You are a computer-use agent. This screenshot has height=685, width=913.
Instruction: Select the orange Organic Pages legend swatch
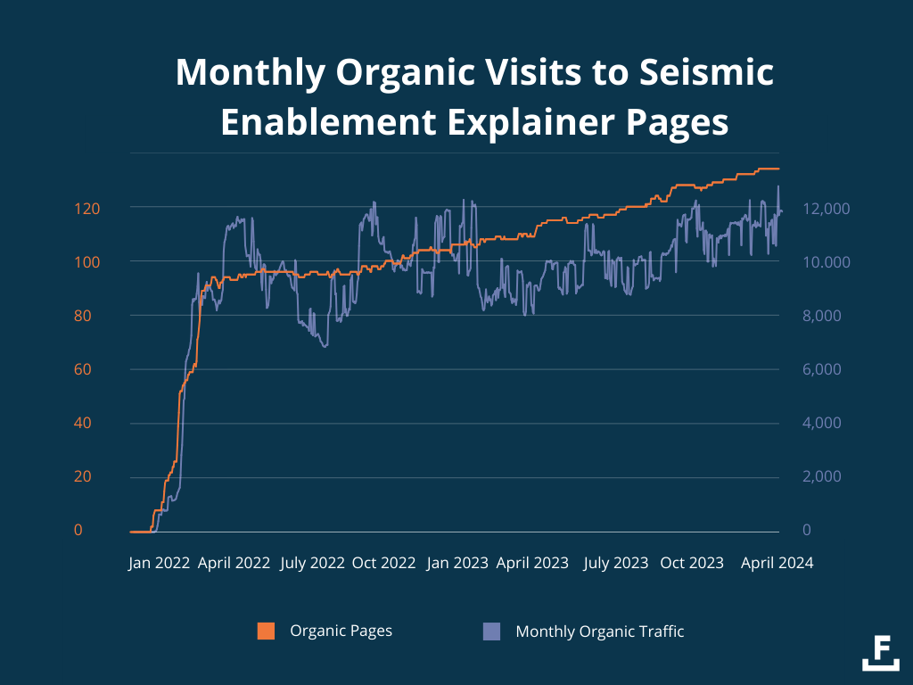click(266, 631)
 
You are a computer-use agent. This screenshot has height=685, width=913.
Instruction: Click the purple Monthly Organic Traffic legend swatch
click(491, 631)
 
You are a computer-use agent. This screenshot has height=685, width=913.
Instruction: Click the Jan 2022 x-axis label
click(160, 563)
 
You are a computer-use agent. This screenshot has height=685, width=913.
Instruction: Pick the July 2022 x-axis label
click(312, 563)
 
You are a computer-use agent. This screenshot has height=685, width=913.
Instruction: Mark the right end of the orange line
click(778, 169)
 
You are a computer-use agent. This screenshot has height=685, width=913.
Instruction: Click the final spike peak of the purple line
click(778, 186)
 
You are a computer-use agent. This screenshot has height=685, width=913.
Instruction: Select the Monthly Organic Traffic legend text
click(600, 631)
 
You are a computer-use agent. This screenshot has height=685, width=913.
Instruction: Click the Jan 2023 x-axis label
click(457, 563)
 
